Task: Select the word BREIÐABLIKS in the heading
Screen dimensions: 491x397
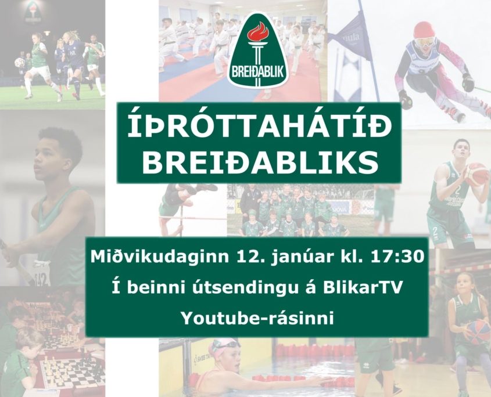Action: click(259, 162)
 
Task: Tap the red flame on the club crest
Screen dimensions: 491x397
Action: click(259, 34)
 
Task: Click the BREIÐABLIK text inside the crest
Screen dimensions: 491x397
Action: click(258, 71)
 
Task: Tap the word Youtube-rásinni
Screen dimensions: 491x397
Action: click(257, 318)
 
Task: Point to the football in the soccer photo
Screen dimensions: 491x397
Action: click(20, 62)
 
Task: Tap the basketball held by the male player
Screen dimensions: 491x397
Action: click(476, 174)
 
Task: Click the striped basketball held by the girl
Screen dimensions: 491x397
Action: click(479, 333)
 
